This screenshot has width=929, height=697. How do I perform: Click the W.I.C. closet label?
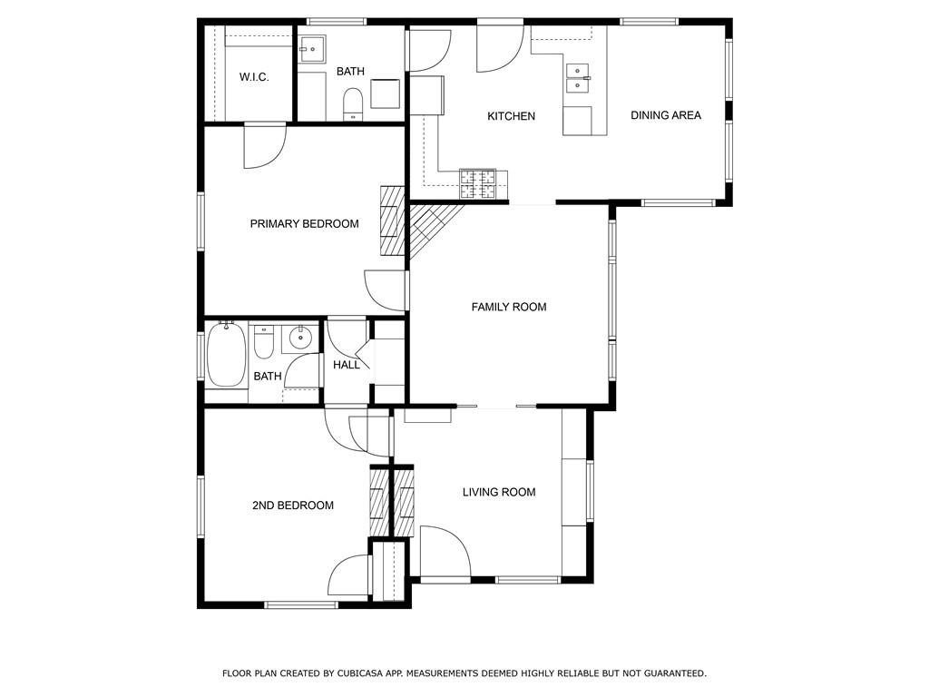click(254, 77)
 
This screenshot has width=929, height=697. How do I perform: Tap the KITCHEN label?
click(511, 116)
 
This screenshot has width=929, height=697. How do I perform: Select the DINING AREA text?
click(665, 115)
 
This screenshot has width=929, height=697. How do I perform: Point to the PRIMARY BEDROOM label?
click(304, 224)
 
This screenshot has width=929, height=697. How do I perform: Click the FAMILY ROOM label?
click(508, 307)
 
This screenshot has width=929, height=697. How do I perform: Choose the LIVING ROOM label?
click(499, 492)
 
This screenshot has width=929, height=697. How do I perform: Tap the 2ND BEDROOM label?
click(293, 506)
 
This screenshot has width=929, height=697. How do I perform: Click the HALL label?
click(346, 365)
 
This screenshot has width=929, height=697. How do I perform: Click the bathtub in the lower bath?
click(226, 355)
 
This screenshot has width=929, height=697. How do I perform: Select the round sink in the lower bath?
click(301, 338)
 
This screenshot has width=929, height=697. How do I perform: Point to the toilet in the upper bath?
click(353, 103)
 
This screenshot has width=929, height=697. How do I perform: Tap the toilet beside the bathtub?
click(264, 341)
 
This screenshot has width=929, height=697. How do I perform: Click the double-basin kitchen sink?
click(578, 78)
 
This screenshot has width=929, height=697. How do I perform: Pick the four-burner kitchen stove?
click(477, 183)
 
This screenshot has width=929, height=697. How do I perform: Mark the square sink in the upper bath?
click(312, 49)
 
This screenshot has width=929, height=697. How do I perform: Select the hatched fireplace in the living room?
click(405, 502)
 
